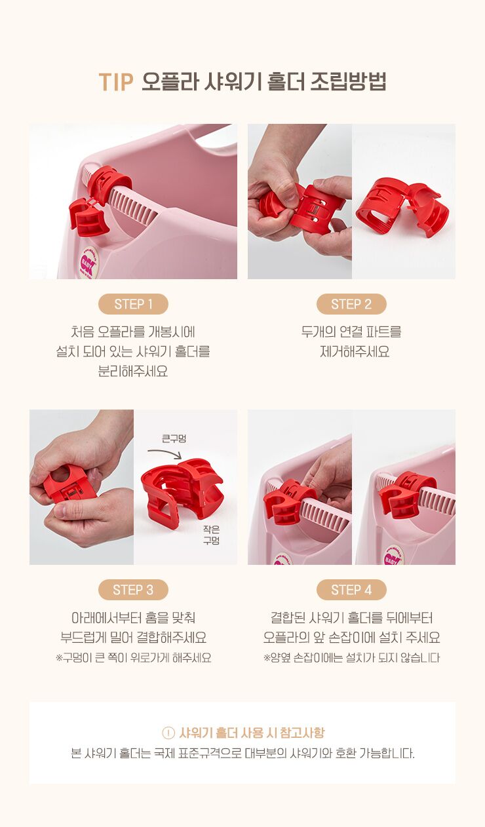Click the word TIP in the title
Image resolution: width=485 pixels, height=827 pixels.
[115, 82]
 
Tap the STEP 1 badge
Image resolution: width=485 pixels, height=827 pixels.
[133, 304]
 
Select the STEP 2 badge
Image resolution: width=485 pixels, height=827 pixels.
[351, 304]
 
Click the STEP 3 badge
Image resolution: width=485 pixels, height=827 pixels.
[133, 590]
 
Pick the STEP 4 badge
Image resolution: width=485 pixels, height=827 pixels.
[351, 590]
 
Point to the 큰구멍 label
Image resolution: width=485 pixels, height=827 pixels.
[174, 438]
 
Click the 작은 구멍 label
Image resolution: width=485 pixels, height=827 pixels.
[211, 535]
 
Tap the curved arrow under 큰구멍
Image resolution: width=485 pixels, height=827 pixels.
[165, 452]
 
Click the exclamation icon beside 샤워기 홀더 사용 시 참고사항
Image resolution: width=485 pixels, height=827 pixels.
[168, 733]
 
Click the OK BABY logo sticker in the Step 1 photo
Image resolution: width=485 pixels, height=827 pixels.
[88, 263]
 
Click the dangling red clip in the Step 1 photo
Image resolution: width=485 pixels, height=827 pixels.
[88, 218]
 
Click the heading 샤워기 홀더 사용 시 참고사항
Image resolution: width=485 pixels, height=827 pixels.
[252, 733]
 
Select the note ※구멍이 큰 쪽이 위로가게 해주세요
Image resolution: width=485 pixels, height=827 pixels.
[133, 657]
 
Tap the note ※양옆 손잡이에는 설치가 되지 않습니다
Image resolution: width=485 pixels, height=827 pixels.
[351, 657]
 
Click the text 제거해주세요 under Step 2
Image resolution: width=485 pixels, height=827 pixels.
[355, 351]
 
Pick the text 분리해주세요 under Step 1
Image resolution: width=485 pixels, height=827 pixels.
[133, 371]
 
